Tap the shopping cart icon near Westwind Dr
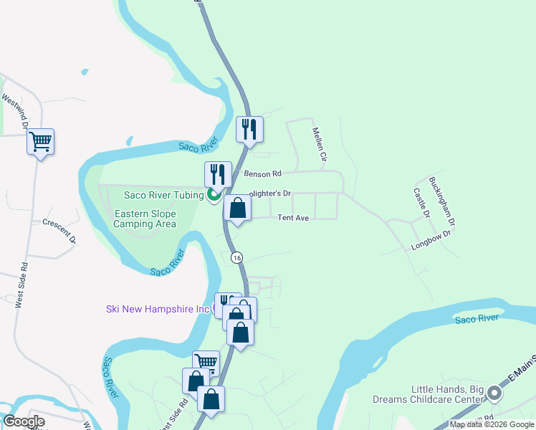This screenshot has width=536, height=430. pos(41,141)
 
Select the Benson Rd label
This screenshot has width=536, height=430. pos(263,173)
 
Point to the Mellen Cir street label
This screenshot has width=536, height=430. pos(320,144)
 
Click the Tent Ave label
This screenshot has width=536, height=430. pos(293,217)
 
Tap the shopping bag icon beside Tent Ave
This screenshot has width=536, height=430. pos(238,209)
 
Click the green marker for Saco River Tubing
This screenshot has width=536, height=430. pos(214,194)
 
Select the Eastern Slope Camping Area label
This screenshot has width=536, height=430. pos(145,219)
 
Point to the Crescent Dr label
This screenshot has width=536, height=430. pos(59,231)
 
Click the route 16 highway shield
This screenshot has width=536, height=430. pos(237,257)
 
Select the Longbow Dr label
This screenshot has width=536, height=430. pos(431,239)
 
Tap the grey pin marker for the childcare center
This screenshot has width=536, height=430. pos(494,393)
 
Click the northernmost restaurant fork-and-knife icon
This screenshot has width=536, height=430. pos(249,130)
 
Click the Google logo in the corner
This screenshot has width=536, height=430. pos(24,421)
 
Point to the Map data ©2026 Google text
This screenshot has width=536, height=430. pos(492,424)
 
